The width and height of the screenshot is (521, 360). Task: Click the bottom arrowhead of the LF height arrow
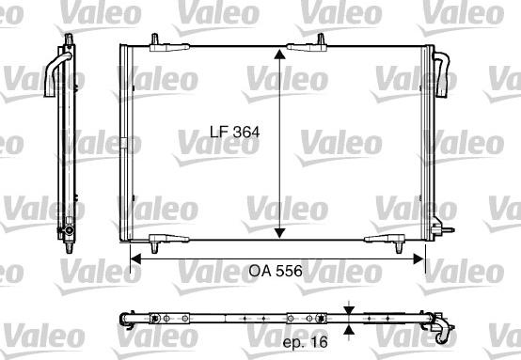[x=279, y=234]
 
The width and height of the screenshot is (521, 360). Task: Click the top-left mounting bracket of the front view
[x=155, y=41]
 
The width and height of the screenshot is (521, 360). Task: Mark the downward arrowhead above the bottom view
[x=350, y=310]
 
